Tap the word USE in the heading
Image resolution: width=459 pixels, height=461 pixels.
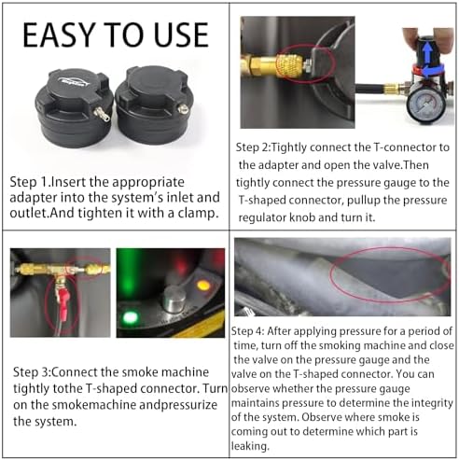pyautogui.click(x=181, y=35)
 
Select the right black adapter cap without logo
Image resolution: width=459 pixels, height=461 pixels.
pyautogui.click(x=153, y=105)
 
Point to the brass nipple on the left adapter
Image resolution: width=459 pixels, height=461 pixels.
pyautogui.click(x=103, y=114)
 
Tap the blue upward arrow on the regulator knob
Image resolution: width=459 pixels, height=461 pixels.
pyautogui.click(x=427, y=51)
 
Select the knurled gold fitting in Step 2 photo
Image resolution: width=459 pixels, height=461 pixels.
pyautogui.click(x=290, y=65)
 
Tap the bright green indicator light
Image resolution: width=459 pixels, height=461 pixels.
pyautogui.click(x=130, y=318)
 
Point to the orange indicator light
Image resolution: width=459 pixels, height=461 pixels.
pyautogui.click(x=202, y=286)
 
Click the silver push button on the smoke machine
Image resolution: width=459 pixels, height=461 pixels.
pyautogui.click(x=174, y=299)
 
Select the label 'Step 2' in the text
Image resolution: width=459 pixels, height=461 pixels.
pyautogui.click(x=252, y=147)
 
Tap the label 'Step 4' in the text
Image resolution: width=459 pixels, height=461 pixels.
pyautogui.click(x=247, y=331)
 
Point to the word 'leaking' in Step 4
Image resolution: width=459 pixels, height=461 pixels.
pyautogui.click(x=249, y=446)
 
